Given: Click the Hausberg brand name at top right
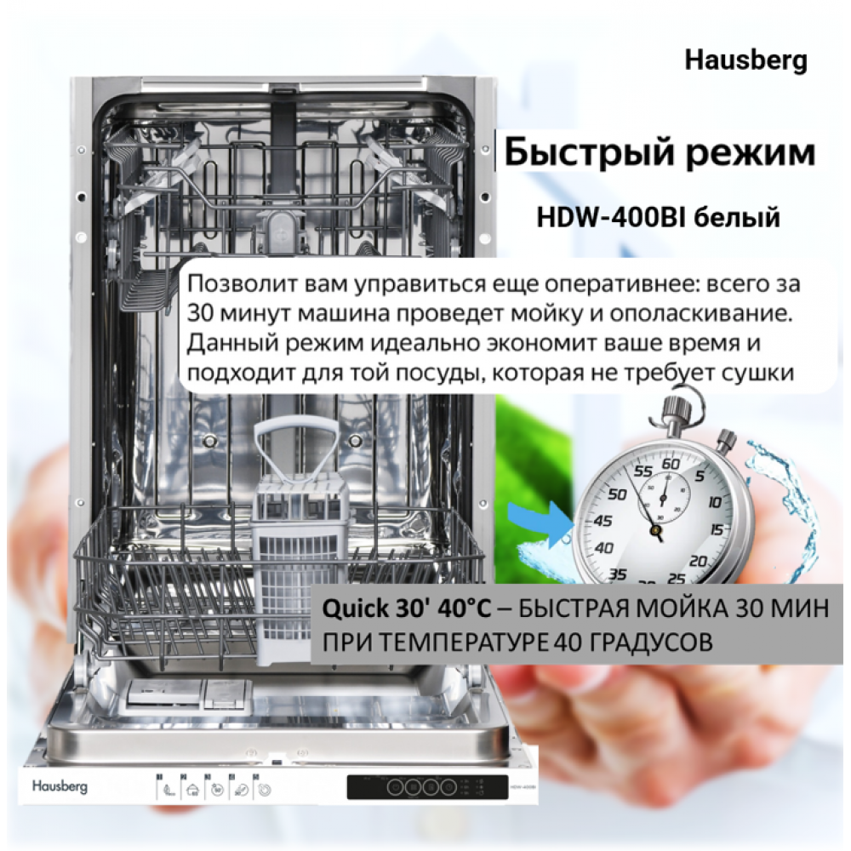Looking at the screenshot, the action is pyautogui.click(x=745, y=60).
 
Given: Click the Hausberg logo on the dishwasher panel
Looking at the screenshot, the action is pyautogui.click(x=60, y=785).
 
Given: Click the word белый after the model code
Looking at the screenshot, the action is pyautogui.click(x=737, y=218).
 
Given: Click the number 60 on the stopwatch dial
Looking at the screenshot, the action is pyautogui.click(x=671, y=464).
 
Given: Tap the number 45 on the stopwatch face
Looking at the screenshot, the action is pyautogui.click(x=603, y=521).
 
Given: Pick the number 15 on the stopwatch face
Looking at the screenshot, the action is pyautogui.click(x=717, y=529).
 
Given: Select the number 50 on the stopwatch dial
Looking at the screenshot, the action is pyautogui.click(x=617, y=494).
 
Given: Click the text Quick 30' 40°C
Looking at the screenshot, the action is pyautogui.click(x=407, y=608).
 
